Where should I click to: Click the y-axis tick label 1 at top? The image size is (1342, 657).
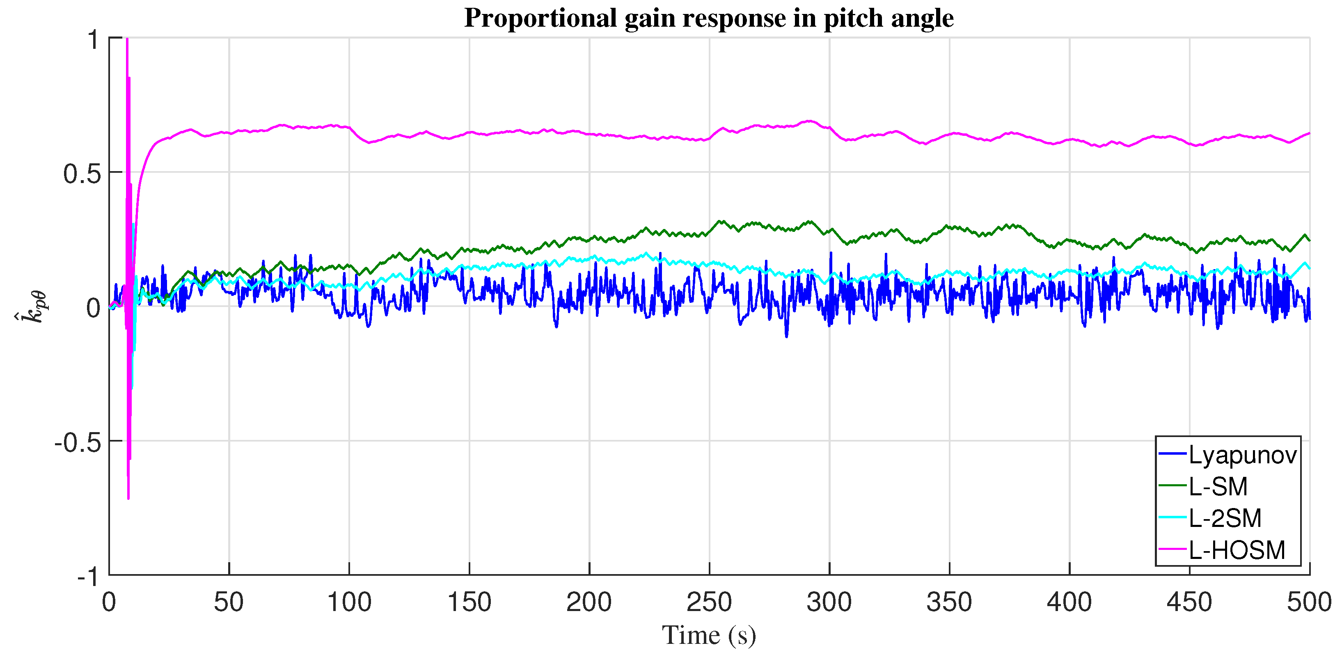click(93, 39)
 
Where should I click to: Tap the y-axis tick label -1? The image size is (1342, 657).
click(87, 577)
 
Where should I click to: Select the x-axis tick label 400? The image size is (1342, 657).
click(1069, 602)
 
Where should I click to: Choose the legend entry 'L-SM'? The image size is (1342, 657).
click(1218, 487)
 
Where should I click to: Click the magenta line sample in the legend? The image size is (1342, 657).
click(1173, 549)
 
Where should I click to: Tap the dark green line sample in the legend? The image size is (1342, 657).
click(1173, 485)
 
